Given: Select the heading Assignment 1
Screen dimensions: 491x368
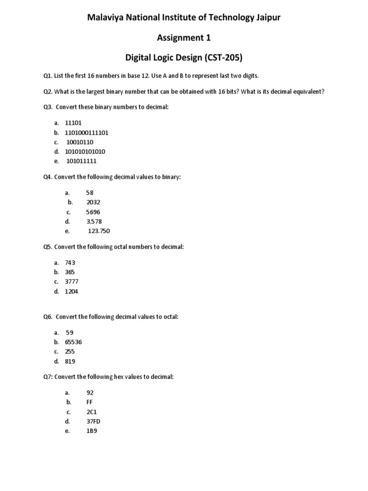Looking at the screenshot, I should [x=184, y=38].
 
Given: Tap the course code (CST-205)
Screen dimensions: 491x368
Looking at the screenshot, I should [x=221, y=58].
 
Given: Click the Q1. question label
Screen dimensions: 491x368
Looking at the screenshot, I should [x=47, y=76].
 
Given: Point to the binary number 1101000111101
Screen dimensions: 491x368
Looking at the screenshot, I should [x=87, y=133].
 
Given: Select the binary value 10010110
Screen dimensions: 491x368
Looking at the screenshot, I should [x=81, y=142].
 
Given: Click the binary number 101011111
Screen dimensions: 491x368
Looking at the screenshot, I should [x=81, y=162].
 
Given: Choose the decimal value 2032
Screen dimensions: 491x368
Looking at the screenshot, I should [x=93, y=202].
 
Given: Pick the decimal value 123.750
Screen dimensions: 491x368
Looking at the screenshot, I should [x=99, y=231].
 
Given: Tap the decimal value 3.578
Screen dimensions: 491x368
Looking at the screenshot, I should [x=94, y=222].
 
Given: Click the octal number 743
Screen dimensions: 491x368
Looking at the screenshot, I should [x=70, y=263].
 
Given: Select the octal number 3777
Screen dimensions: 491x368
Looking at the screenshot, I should [x=71, y=282].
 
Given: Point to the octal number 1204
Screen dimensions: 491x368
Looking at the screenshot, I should [x=71, y=292].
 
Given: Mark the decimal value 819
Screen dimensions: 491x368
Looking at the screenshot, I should [x=70, y=362].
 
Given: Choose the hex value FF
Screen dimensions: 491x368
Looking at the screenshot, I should [x=90, y=402].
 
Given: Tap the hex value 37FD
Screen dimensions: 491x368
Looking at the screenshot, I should [x=93, y=421].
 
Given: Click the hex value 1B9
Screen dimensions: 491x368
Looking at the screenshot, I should [x=92, y=431].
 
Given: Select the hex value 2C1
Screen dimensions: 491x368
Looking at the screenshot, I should [x=92, y=412].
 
